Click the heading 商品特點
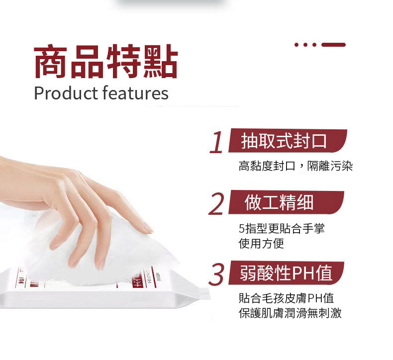[106, 61]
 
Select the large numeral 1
[216, 142]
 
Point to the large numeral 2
[216, 204]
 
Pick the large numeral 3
[216, 274]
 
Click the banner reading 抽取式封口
[288, 141]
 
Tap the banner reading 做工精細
[286, 202]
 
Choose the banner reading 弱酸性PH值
[286, 273]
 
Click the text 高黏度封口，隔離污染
[295, 166]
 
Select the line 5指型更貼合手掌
[282, 228]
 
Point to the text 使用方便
[261, 243]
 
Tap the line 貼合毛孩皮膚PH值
[286, 298]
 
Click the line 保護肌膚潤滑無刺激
[290, 313]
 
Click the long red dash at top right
[333, 45]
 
